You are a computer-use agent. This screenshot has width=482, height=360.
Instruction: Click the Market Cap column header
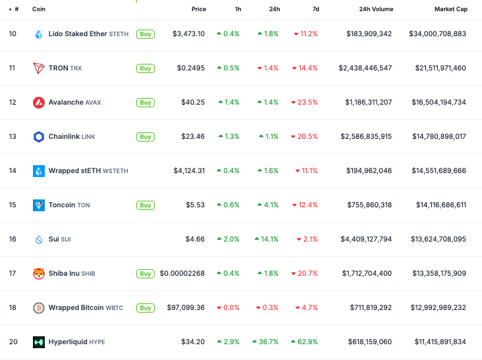tap(450, 9)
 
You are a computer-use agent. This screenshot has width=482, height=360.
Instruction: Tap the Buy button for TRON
tap(146, 68)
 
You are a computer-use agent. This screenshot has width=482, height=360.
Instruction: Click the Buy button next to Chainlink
tap(146, 137)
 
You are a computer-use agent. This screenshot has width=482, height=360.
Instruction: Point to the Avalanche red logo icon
tap(39, 103)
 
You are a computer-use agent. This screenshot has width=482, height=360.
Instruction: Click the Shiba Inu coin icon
tap(39, 274)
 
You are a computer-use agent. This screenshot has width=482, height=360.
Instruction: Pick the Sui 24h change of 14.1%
tap(267, 240)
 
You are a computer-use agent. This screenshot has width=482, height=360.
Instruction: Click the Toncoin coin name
tap(62, 205)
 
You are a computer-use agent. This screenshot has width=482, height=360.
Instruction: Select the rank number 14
tap(13, 171)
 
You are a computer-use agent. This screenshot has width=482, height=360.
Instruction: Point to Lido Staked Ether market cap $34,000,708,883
tap(437, 34)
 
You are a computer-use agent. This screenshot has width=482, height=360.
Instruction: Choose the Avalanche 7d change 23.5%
tap(304, 103)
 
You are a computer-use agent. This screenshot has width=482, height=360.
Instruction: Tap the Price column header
tap(198, 9)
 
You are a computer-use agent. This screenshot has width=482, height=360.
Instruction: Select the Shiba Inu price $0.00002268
tap(182, 274)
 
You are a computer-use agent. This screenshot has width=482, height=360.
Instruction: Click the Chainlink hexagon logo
tap(39, 137)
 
